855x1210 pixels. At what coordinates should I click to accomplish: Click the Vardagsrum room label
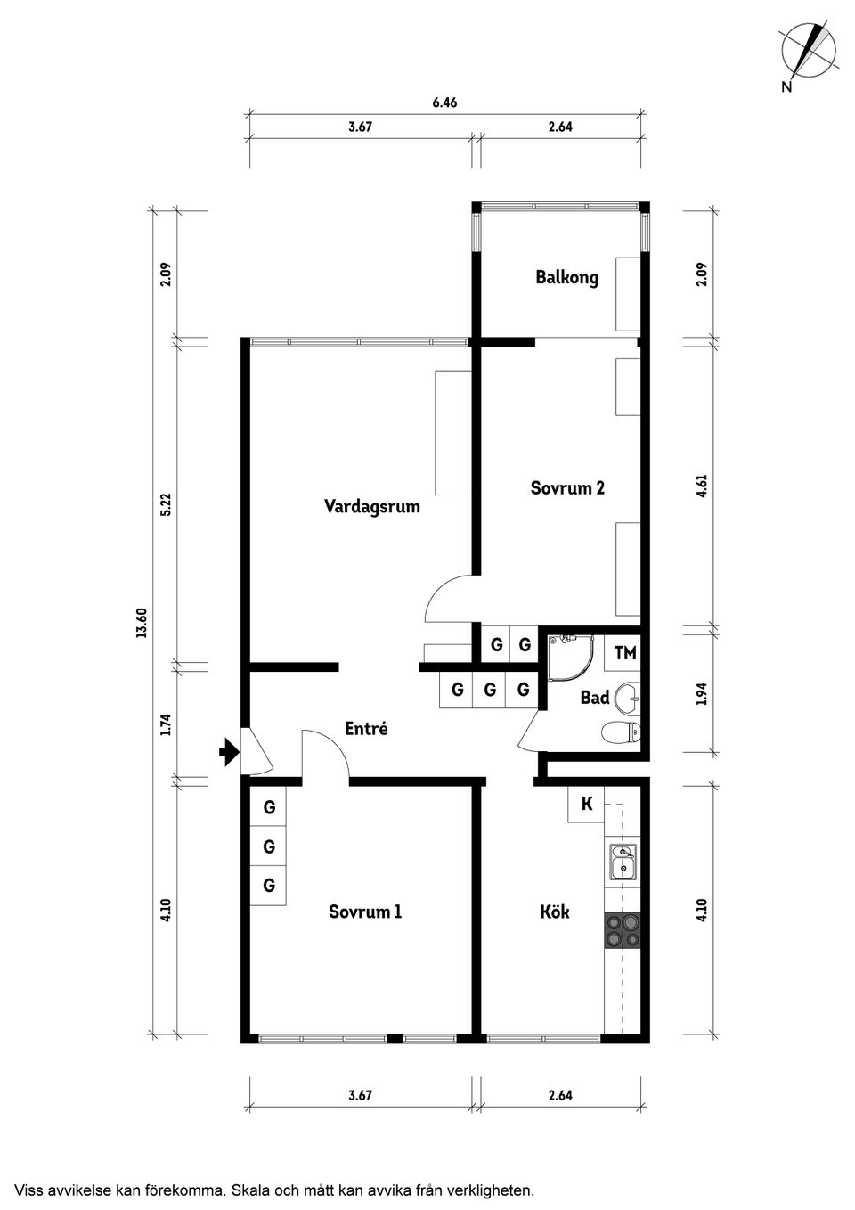tap(371, 507)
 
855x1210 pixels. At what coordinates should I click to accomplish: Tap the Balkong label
tap(566, 277)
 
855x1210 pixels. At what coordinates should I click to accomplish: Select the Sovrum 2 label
tap(567, 488)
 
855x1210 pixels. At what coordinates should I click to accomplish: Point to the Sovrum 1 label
tap(365, 912)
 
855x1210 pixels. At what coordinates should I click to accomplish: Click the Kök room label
tap(554, 912)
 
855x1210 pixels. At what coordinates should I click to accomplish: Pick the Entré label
tap(366, 729)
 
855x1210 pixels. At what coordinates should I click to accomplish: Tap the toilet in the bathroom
tap(620, 733)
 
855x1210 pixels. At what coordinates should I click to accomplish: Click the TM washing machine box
tap(625, 653)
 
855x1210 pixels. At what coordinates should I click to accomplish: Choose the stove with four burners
tap(623, 930)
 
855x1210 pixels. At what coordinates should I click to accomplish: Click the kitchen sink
tap(623, 861)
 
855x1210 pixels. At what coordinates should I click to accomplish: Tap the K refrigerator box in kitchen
tap(587, 805)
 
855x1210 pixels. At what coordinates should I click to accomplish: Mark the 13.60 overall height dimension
tap(141, 623)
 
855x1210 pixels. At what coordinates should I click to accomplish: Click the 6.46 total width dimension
tap(444, 102)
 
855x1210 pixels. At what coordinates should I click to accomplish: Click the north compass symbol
tap(807, 50)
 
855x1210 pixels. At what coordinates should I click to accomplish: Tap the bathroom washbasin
tap(629, 698)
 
